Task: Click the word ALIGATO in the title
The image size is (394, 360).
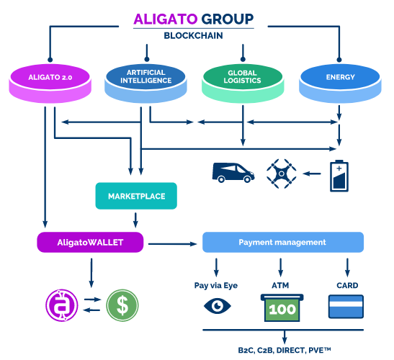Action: point(166,19)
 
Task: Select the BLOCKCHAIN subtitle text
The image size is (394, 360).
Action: point(193,36)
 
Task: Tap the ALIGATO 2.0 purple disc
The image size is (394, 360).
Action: point(50,83)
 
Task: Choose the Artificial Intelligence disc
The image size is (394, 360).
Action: point(145,83)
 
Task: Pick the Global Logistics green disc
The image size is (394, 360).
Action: point(243,83)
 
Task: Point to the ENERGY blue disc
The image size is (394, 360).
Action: point(340,83)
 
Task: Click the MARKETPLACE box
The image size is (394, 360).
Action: point(136,196)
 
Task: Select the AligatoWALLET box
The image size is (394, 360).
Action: point(90,242)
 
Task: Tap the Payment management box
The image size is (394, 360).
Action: point(283,242)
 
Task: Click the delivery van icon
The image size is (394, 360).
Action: point(233,172)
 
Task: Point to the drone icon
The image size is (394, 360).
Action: point(282,174)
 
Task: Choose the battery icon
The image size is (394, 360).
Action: point(339,176)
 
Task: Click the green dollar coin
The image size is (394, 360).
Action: point(122,305)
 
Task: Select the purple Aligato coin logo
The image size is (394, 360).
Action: point(62,305)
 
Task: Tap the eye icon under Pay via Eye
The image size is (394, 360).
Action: point(218,306)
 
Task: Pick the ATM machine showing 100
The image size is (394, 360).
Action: point(282,307)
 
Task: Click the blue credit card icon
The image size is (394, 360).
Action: point(346,307)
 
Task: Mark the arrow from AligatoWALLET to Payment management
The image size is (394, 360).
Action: point(173,243)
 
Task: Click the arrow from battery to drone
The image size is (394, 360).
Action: point(312,174)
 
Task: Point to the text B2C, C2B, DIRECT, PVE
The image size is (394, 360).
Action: point(285,350)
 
